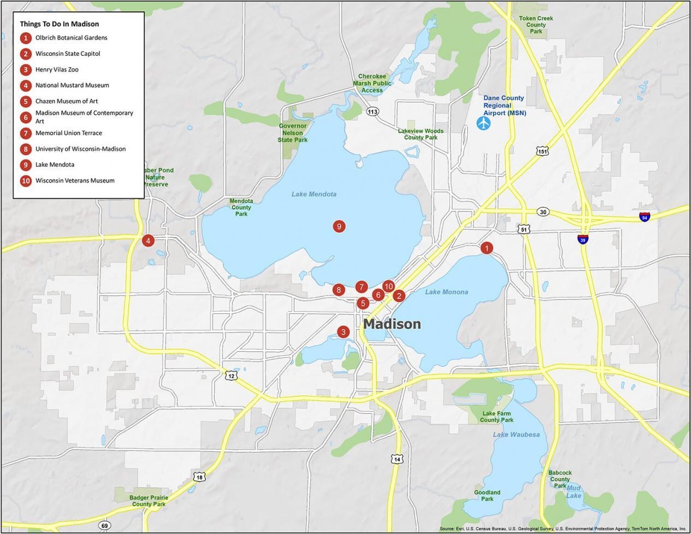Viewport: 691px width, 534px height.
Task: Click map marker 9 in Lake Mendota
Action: [339, 226]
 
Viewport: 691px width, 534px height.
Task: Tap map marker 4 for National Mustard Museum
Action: [147, 240]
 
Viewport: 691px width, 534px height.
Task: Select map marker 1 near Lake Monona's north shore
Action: [486, 248]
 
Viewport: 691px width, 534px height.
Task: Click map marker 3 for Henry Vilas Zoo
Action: [343, 332]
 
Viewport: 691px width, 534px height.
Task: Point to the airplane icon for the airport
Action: [483, 123]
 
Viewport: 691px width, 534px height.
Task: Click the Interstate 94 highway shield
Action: [645, 217]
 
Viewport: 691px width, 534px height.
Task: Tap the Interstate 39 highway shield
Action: [583, 239]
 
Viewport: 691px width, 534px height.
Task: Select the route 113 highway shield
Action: [373, 112]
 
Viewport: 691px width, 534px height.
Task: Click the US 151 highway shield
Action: [542, 151]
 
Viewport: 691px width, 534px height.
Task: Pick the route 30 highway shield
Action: [542, 212]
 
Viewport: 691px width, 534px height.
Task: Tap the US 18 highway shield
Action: [200, 477]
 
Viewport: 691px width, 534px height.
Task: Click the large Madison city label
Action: [392, 324]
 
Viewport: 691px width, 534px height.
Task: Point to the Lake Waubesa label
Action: [516, 435]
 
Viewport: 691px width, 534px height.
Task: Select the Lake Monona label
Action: [446, 292]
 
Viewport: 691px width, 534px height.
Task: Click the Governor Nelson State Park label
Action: [293, 133]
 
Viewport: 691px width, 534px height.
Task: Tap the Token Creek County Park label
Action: [536, 25]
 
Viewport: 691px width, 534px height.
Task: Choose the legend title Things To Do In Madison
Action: [60, 24]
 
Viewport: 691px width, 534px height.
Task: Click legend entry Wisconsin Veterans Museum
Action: [75, 180]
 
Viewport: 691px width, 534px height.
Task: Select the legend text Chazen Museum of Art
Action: [67, 101]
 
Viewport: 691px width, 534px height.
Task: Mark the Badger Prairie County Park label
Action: [149, 501]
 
